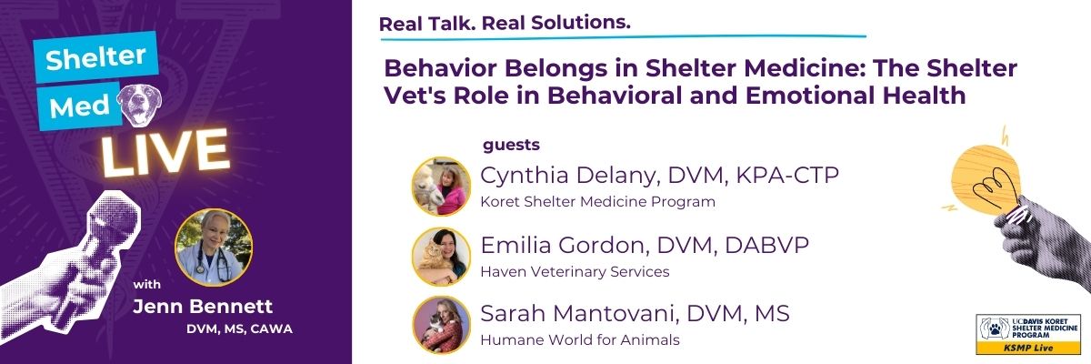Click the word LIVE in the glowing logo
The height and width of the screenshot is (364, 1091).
click(x=164, y=152)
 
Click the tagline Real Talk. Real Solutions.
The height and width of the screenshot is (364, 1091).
click(x=504, y=23)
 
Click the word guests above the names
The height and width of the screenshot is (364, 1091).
click(x=512, y=144)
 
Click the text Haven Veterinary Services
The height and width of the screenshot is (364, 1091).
click(x=575, y=271)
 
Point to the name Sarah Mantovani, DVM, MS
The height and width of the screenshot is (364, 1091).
click(x=635, y=315)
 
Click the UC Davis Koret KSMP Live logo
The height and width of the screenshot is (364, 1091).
click(x=1027, y=333)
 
